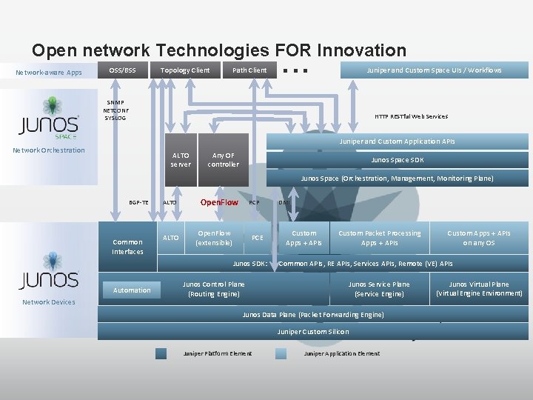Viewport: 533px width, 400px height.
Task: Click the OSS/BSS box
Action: pyautogui.click(x=122, y=70)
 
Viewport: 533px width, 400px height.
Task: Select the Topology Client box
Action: pyautogui.click(x=185, y=70)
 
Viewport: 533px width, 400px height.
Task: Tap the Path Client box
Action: pyautogui.click(x=249, y=70)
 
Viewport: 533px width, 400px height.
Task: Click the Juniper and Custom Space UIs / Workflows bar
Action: pyautogui.click(x=434, y=70)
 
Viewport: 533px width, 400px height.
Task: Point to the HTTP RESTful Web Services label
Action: pyautogui.click(x=411, y=116)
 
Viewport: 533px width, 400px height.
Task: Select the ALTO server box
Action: pyautogui.click(x=181, y=160)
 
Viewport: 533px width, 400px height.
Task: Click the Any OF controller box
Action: pyautogui.click(x=223, y=160)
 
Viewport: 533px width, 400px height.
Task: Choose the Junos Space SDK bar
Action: pyautogui.click(x=397, y=160)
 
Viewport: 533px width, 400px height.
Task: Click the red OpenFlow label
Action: pyautogui.click(x=219, y=202)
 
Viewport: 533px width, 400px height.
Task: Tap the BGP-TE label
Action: pyautogui.click(x=138, y=202)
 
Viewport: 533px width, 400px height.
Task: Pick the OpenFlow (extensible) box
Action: pyautogui.click(x=213, y=238)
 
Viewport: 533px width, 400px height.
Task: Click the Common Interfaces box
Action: pyautogui.click(x=127, y=247)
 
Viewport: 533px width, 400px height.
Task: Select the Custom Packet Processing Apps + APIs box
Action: pyautogui.click(x=380, y=238)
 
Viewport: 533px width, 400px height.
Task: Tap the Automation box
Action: pyautogui.click(x=132, y=290)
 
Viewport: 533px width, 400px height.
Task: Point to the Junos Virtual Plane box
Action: pyautogui.click(x=479, y=289)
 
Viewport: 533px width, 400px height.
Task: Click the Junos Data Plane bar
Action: pyautogui.click(x=313, y=315)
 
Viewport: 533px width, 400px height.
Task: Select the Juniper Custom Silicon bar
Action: pyautogui.click(x=313, y=332)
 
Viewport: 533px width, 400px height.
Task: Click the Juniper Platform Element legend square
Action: pyautogui.click(x=161, y=353)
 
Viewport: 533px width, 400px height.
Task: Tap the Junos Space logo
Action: pyautogui.click(x=50, y=119)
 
